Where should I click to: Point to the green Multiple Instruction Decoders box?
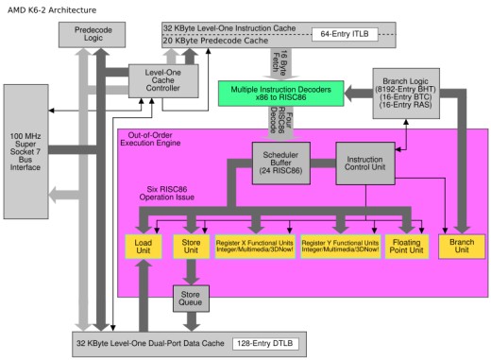pyautogui.click(x=280, y=93)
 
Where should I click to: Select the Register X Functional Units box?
pyautogui.click(x=254, y=247)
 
